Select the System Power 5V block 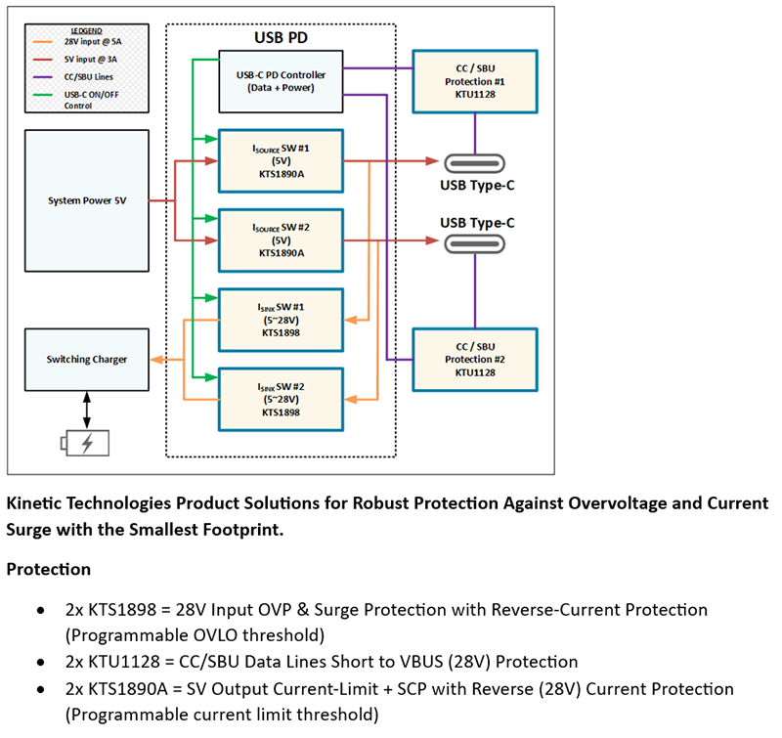(x=88, y=200)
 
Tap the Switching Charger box (x=88, y=360)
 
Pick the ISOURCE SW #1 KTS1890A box (x=281, y=161)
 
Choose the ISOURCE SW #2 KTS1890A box (x=281, y=239)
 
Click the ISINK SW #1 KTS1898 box (x=281, y=319)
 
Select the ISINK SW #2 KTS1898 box (x=281, y=399)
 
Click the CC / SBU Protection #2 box (x=475, y=359)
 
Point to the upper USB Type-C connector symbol (x=475, y=163)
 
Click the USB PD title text (x=282, y=40)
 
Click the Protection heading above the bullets (x=49, y=569)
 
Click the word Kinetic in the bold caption (x=35, y=504)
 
